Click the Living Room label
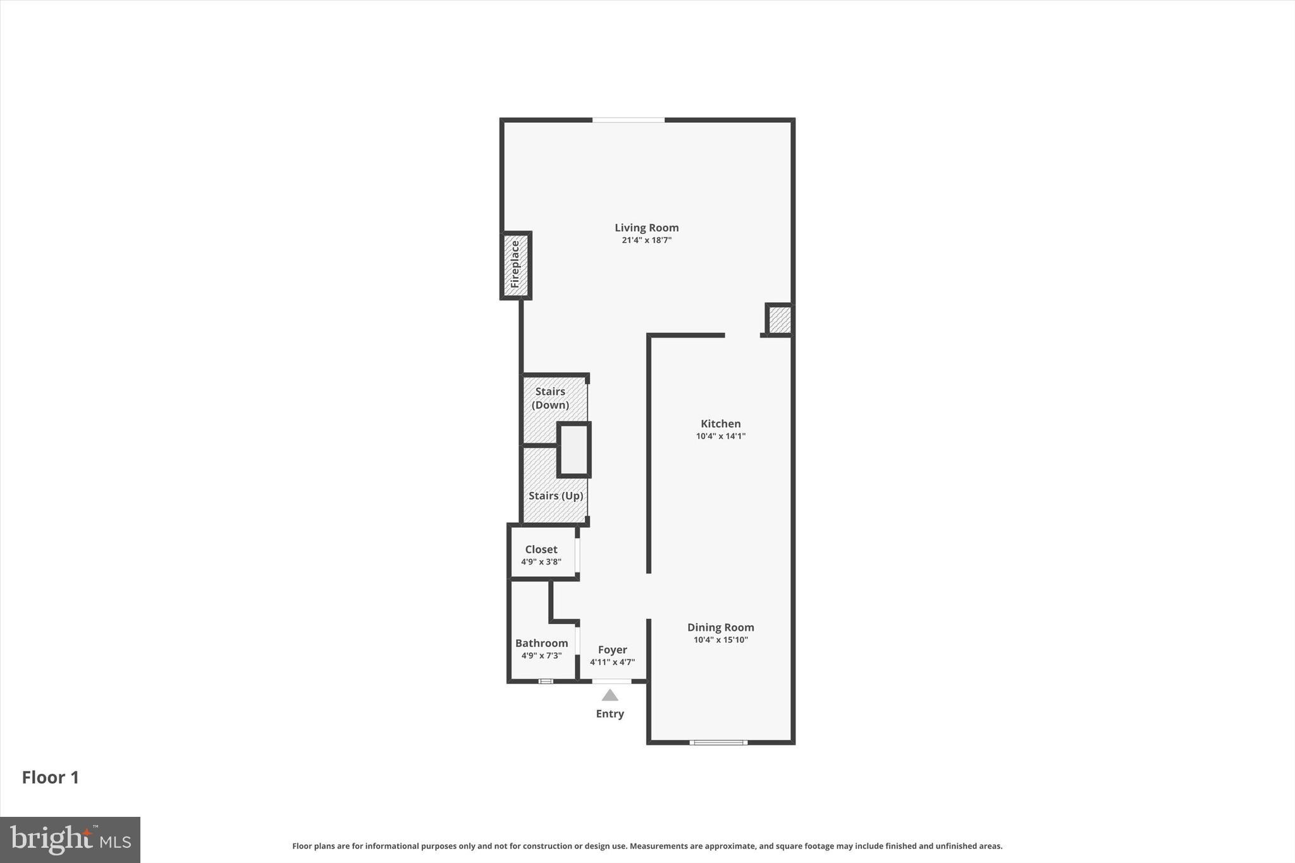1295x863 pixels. click(646, 228)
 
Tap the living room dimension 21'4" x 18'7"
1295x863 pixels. click(646, 240)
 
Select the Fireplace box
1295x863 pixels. click(515, 265)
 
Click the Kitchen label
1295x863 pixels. click(720, 424)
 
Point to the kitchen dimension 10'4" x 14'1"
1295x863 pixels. click(720, 436)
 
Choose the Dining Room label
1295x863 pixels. click(720, 627)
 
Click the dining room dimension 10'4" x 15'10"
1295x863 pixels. click(720, 640)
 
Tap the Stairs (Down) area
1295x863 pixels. click(549, 398)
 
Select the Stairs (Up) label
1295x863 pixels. click(555, 496)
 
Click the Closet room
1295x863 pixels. click(541, 549)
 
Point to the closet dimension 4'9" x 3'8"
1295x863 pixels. click(541, 562)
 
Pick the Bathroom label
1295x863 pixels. click(541, 643)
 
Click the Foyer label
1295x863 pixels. click(612, 650)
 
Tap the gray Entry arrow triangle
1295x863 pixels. click(610, 696)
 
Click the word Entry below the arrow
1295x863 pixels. click(610, 714)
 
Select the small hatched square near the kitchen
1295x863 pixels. click(779, 320)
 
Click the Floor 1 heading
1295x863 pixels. click(51, 778)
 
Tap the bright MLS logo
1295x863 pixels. click(70, 840)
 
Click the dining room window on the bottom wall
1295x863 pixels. click(718, 742)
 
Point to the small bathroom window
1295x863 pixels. click(545, 681)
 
